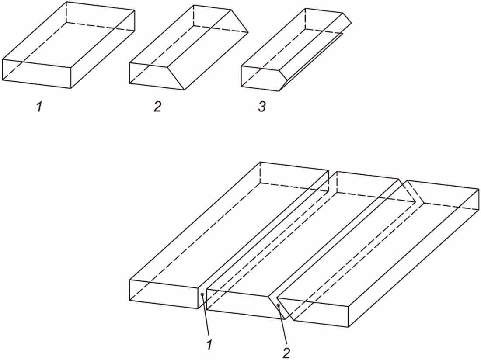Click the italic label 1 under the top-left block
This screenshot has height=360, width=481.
[39, 107]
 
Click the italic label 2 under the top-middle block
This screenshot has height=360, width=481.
[157, 107]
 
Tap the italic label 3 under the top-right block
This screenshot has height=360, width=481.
[261, 107]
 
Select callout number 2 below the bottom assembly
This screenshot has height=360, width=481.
[286, 353]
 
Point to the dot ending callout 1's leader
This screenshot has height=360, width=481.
[202, 294]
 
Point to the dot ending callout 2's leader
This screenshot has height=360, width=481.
[278, 305]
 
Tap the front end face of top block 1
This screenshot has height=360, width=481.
[37, 74]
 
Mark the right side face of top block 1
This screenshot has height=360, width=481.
[103, 49]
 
